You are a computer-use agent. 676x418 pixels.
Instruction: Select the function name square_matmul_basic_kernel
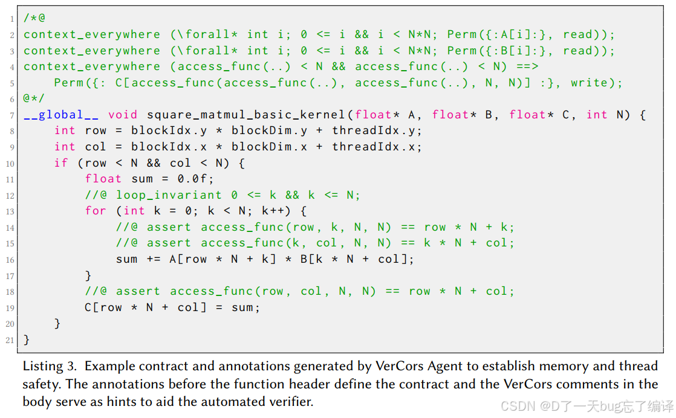coord(247,115)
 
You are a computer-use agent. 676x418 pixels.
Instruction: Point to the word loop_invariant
coord(169,195)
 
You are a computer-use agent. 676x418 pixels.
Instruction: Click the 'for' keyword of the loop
coord(96,211)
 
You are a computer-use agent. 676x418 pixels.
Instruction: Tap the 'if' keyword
coord(61,163)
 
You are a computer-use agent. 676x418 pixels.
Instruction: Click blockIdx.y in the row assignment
coord(161,130)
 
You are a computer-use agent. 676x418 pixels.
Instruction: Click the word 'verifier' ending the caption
coord(290,402)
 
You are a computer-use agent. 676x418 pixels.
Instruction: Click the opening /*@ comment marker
coord(34,19)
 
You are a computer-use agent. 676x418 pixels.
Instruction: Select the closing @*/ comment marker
coord(34,98)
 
